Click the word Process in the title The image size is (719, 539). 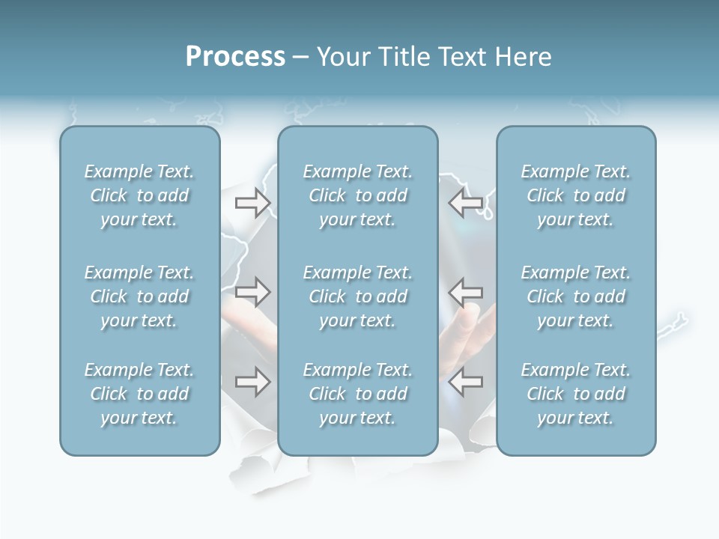pyautogui.click(x=235, y=57)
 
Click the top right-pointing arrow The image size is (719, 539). pyautogui.click(x=252, y=203)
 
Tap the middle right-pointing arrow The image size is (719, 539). pyautogui.click(x=252, y=292)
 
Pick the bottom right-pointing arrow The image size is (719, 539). pyautogui.click(x=252, y=382)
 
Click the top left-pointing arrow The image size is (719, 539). pyautogui.click(x=466, y=203)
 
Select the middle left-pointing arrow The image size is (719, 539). pyautogui.click(x=466, y=292)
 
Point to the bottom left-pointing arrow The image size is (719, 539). pyautogui.click(x=466, y=382)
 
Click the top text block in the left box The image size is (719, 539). pyautogui.click(x=139, y=195)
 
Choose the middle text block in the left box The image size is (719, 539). pyautogui.click(x=139, y=296)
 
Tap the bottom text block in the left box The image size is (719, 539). pyautogui.click(x=139, y=394)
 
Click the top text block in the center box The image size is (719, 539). pyautogui.click(x=357, y=195)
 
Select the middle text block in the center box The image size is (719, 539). pyautogui.click(x=357, y=296)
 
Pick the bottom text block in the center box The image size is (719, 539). pyautogui.click(x=357, y=394)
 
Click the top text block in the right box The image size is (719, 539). pyautogui.click(x=575, y=195)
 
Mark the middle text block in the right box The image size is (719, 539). pyautogui.click(x=575, y=296)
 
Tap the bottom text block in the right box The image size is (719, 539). pyautogui.click(x=575, y=394)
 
